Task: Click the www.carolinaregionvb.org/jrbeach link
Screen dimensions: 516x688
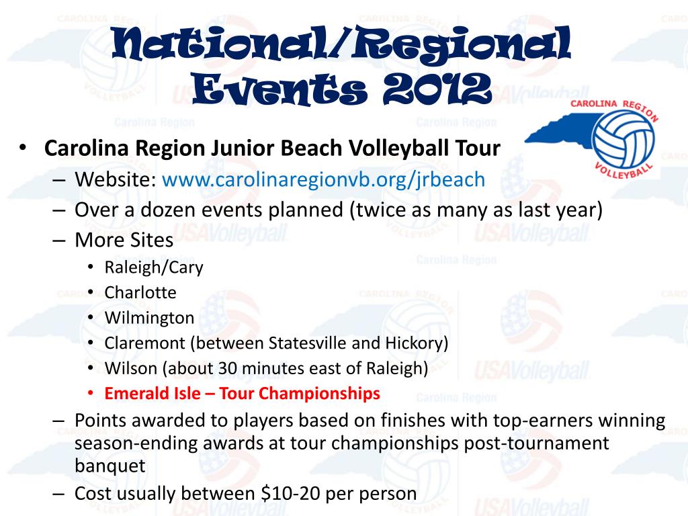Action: (x=323, y=179)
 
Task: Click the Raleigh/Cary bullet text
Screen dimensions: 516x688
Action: (x=154, y=267)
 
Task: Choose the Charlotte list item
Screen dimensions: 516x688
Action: (x=140, y=293)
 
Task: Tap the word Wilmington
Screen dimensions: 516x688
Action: (x=149, y=318)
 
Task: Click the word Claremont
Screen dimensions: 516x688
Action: (x=144, y=343)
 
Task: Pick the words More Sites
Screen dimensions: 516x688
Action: (x=124, y=239)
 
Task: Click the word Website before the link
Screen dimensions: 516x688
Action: (x=115, y=179)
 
